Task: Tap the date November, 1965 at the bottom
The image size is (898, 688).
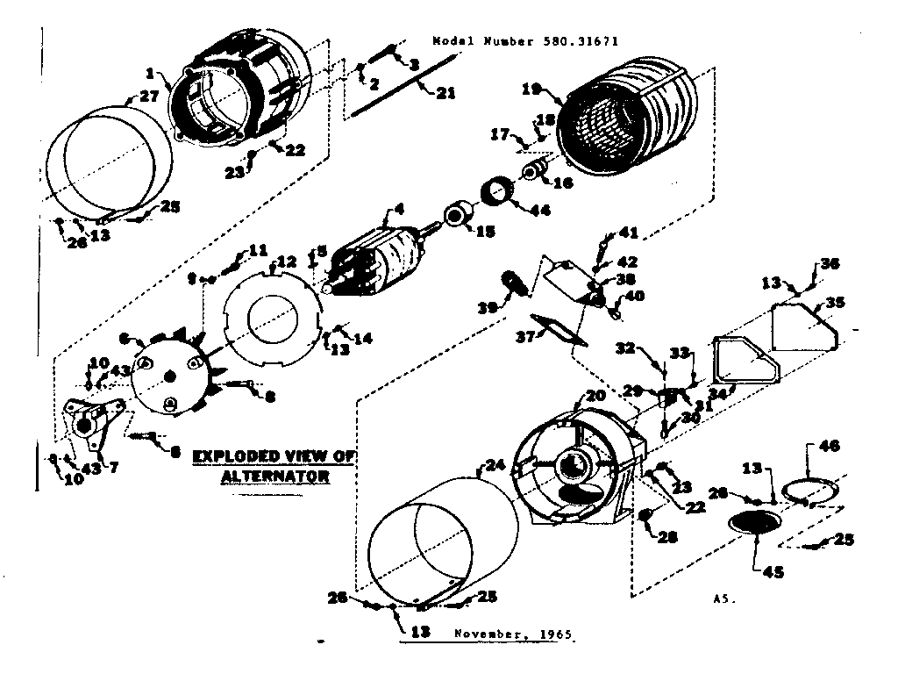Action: click(517, 633)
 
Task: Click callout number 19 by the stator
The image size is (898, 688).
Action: click(531, 88)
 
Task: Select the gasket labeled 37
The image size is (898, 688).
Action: click(553, 331)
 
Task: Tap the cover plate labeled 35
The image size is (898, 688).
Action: click(805, 325)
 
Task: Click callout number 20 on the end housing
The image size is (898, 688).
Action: click(595, 396)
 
